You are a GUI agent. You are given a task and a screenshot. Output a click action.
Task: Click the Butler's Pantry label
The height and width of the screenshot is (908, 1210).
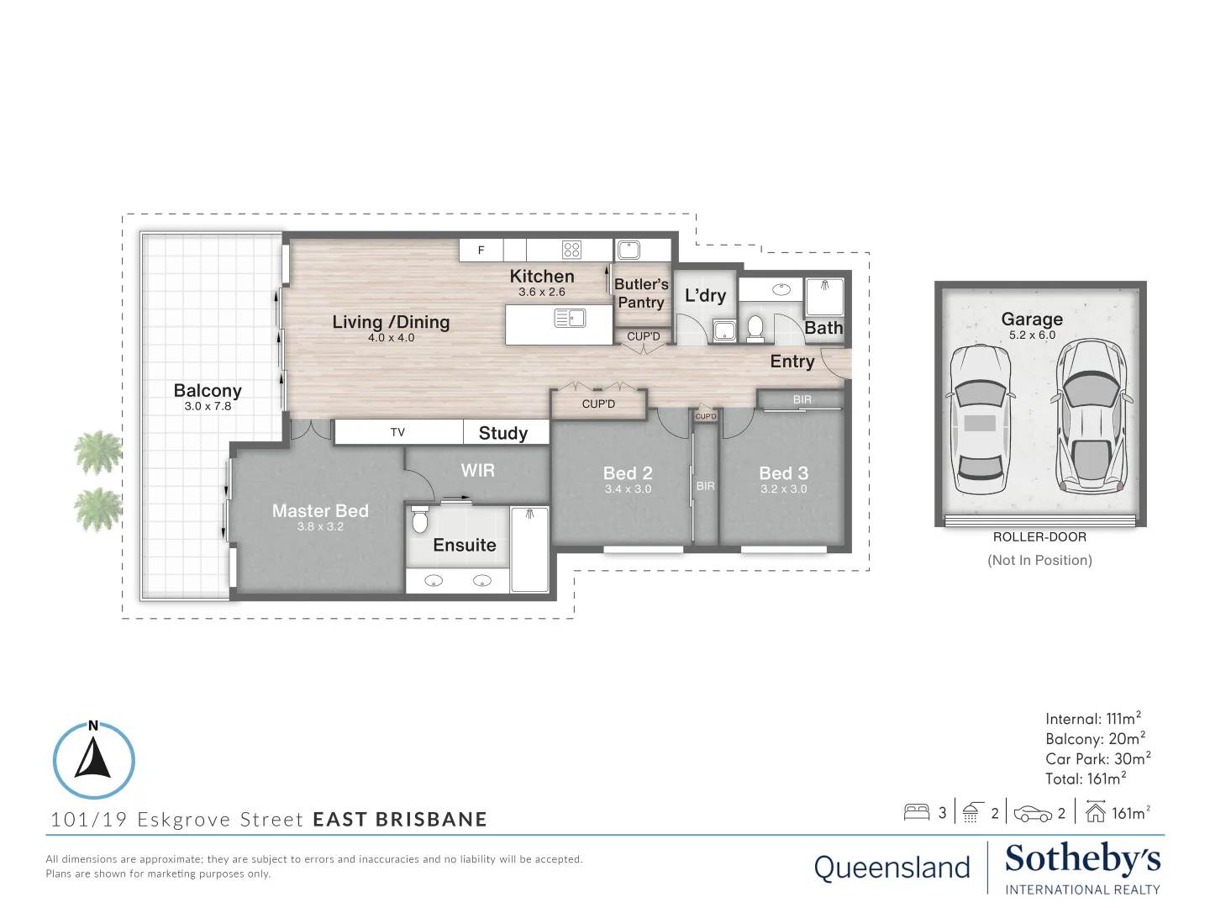[641, 293]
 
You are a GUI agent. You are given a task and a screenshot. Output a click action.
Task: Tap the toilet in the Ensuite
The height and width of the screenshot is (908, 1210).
[419, 520]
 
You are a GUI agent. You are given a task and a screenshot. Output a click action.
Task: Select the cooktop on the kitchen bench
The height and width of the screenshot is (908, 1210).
[571, 250]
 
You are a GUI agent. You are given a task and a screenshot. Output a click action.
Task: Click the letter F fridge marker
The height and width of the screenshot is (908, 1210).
[481, 251]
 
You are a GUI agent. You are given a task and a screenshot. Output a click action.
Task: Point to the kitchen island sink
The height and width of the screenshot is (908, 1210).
[570, 318]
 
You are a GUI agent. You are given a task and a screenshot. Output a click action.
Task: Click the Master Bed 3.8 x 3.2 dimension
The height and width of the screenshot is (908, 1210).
[320, 526]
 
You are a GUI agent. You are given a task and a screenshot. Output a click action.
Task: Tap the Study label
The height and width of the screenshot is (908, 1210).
[502, 433]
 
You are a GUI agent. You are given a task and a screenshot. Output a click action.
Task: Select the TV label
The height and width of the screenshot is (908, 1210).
[397, 432]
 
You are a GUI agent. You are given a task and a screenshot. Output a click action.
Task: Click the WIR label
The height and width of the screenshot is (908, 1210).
[477, 470]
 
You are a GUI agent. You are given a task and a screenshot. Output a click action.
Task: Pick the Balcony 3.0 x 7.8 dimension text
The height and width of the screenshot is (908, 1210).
[208, 406]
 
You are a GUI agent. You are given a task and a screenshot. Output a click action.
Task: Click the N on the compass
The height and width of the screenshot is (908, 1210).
[93, 726]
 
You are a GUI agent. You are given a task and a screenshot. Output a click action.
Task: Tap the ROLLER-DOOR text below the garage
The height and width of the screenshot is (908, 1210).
[1039, 537]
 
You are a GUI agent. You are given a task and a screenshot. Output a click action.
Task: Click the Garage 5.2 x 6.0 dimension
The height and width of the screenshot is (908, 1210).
[1032, 335]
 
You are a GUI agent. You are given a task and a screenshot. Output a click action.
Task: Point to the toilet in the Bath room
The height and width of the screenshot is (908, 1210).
[755, 328]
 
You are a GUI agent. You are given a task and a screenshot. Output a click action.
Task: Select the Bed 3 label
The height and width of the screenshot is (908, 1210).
[783, 473]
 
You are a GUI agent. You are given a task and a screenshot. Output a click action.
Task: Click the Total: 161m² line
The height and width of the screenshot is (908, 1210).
[1086, 779]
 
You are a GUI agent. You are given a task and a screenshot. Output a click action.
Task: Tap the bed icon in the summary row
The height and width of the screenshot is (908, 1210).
[916, 813]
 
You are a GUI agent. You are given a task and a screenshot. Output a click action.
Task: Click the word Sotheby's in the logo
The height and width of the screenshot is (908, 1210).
[1082, 859]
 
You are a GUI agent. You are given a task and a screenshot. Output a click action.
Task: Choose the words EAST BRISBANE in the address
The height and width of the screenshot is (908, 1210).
[400, 820]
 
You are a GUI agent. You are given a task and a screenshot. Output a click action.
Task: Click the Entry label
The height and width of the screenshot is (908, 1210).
[792, 362]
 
